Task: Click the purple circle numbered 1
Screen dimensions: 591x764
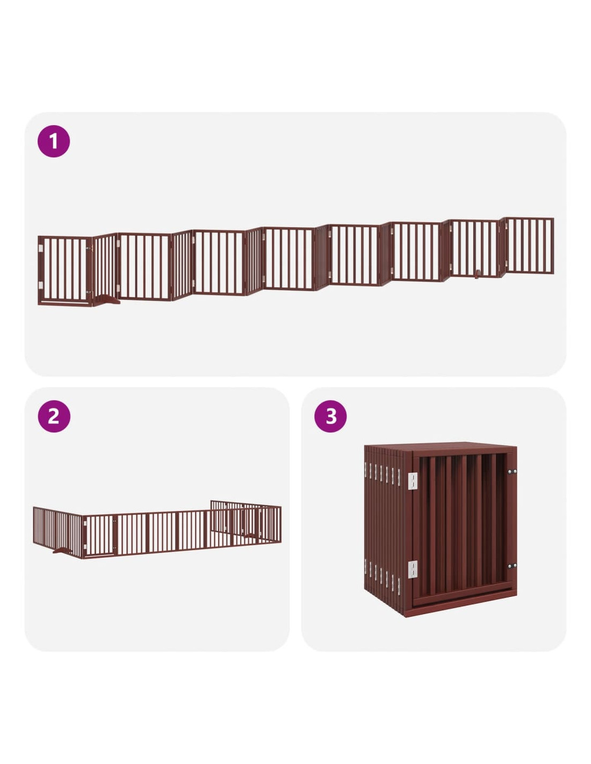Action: coord(54,141)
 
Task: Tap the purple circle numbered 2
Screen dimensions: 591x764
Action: coord(54,416)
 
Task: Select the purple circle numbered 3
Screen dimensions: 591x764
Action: coord(330,416)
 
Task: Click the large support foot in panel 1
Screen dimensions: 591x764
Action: coord(106,299)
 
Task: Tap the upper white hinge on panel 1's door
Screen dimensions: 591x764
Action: coord(41,248)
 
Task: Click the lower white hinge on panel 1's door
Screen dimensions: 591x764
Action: coord(41,285)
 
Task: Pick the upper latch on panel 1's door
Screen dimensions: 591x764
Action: coord(89,249)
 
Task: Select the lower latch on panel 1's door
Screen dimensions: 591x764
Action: coord(89,292)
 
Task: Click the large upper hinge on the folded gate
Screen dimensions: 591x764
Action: coord(413,481)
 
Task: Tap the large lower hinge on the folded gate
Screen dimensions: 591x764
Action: coord(413,570)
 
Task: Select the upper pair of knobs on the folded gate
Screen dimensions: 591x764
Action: coord(512,472)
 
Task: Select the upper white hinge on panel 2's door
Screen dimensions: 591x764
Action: coord(85,524)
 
